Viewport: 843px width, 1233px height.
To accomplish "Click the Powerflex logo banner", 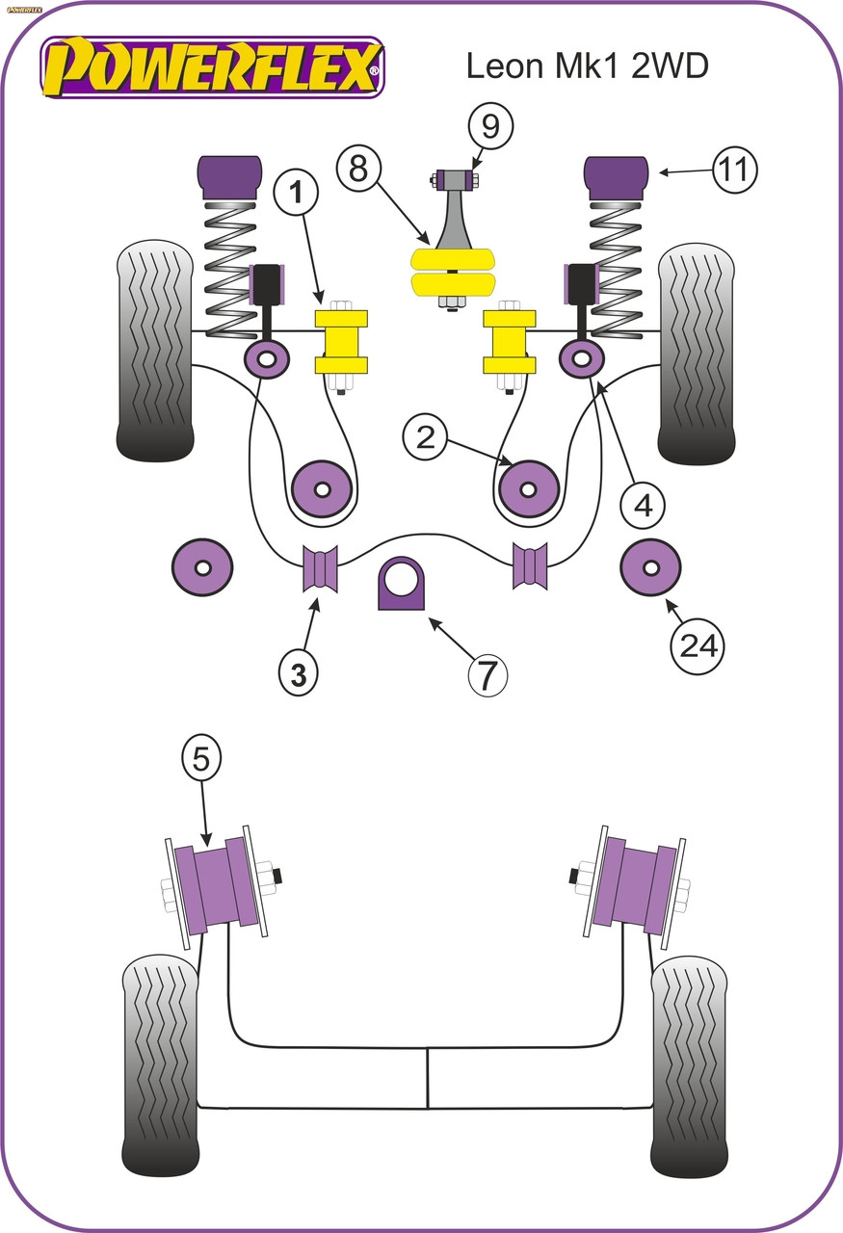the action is point(212,67).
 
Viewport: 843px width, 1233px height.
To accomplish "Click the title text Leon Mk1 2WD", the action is point(587,66).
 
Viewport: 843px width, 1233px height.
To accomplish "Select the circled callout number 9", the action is point(490,126).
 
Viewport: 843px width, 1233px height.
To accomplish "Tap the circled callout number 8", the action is point(358,168).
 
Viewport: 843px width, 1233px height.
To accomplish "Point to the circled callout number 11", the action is point(734,170).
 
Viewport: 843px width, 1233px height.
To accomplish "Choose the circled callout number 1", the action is point(296,194).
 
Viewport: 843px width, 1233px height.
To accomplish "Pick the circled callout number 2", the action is point(426,438).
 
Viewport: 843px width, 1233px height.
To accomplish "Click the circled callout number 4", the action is point(644,505).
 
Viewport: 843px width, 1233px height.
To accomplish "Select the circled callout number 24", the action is point(698,645).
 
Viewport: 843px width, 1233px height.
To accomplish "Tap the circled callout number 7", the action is point(487,674).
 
